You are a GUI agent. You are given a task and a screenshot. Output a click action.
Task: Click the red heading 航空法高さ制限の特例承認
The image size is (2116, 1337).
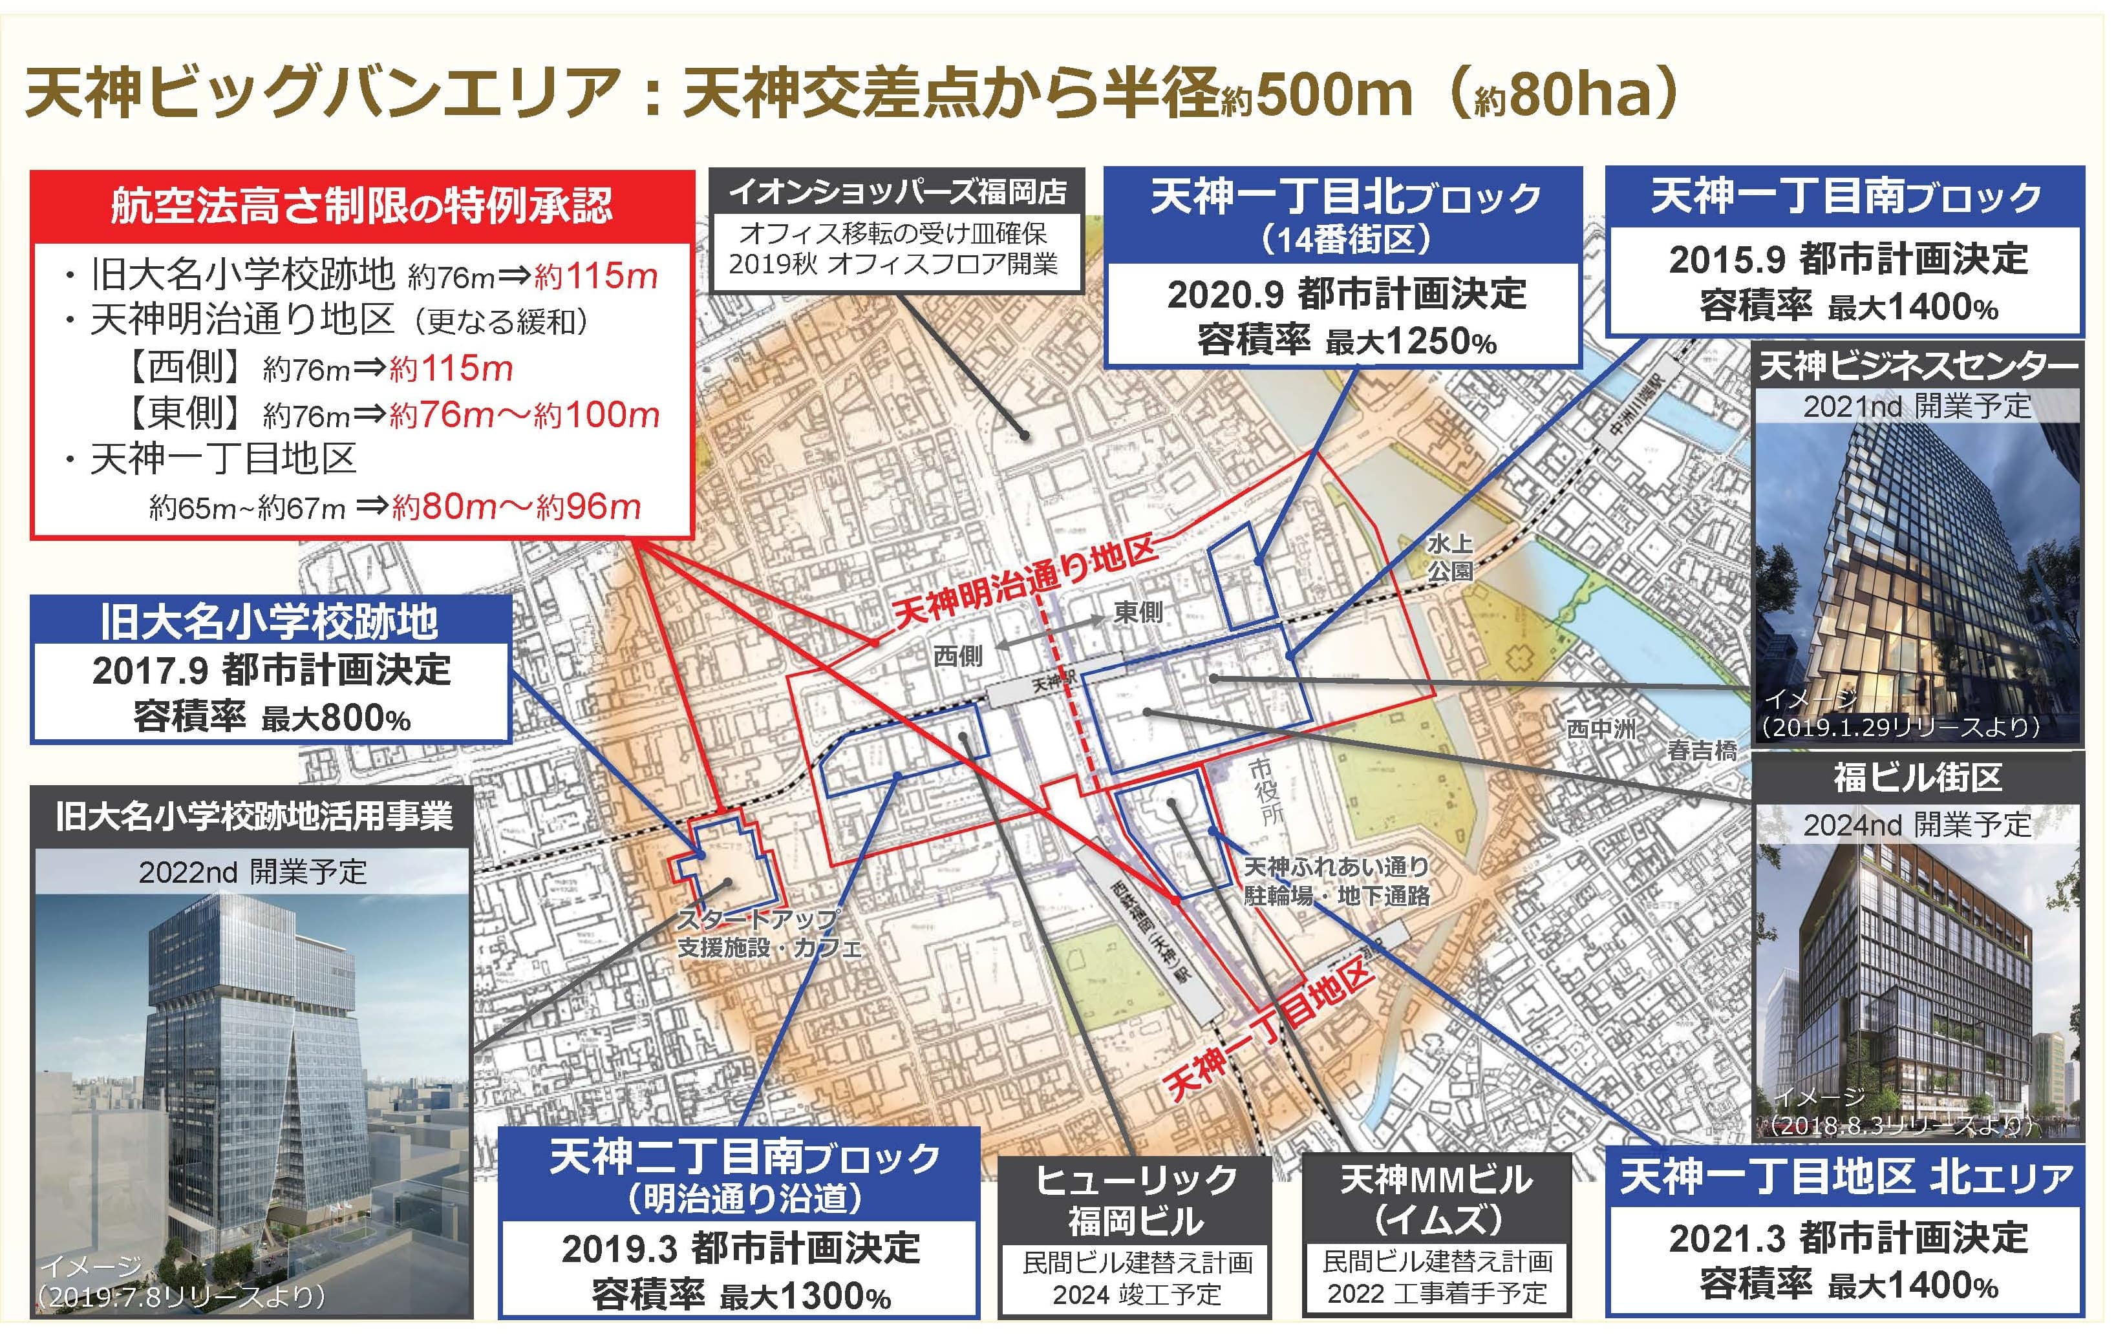[361, 205]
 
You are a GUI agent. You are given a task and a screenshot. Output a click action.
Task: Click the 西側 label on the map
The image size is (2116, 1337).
[957, 655]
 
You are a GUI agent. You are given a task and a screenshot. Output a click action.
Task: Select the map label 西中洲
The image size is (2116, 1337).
[1601, 729]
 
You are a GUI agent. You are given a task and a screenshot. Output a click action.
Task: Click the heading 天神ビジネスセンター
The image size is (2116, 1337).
[1918, 366]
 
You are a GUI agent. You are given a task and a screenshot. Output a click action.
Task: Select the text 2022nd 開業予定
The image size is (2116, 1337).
[253, 872]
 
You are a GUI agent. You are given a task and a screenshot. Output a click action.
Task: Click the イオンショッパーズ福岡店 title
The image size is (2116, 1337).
[897, 191]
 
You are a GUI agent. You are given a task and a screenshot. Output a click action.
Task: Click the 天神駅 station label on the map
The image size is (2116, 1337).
[1052, 682]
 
